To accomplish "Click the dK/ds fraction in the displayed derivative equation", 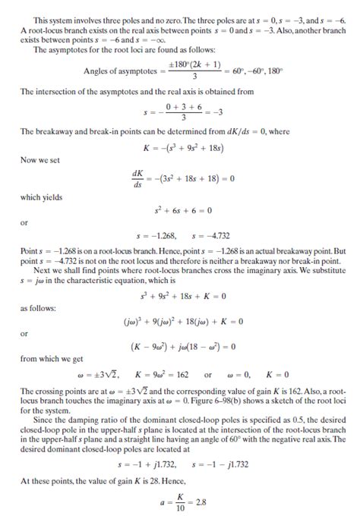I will (137, 179).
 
